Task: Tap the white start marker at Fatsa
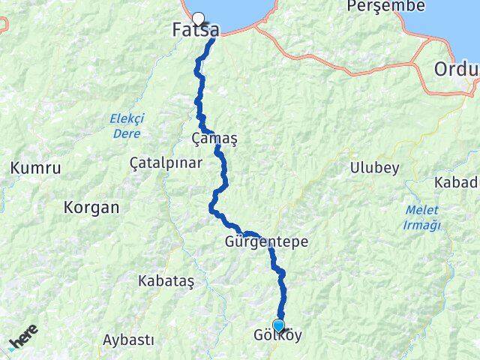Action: (x=198, y=19)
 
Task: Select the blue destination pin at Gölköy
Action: (x=279, y=325)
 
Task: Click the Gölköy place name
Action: (x=279, y=336)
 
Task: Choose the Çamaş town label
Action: (x=214, y=139)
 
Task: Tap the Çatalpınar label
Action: (x=162, y=162)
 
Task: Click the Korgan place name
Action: (x=92, y=208)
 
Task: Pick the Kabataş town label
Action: (x=166, y=280)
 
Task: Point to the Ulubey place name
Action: (x=374, y=168)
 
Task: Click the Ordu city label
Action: (x=456, y=70)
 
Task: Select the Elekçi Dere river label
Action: (x=127, y=123)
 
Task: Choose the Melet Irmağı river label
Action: (x=423, y=217)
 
